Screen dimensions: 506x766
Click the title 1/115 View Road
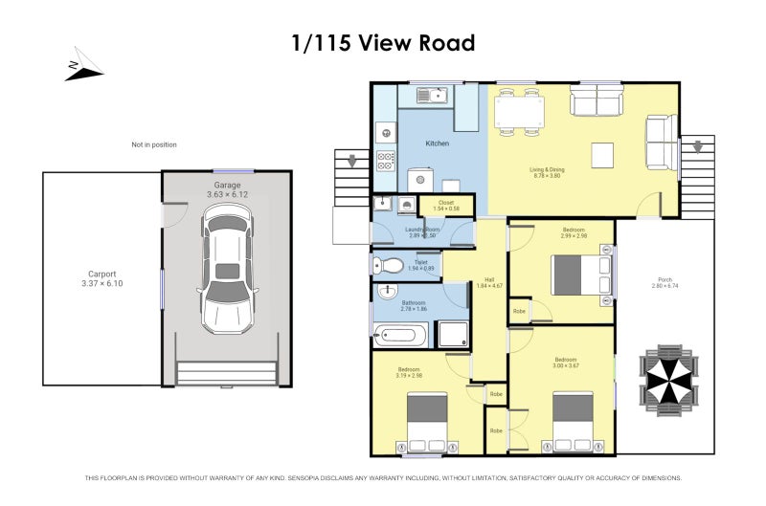coord(383,43)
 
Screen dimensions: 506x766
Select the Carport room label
coord(102,277)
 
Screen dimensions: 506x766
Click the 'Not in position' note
coord(154,144)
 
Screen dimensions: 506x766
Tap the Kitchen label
coord(437,143)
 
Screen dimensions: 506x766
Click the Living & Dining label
coord(548,172)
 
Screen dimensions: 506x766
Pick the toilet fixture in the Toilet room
coord(383,266)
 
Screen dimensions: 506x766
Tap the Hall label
coord(488,283)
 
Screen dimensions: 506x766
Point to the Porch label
coord(664,282)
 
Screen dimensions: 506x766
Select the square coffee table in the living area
coord(603,155)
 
